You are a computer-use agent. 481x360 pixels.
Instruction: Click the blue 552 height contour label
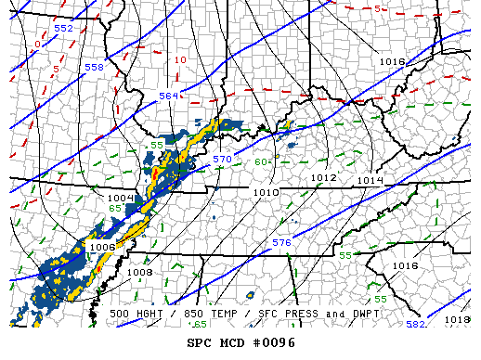tap(63, 29)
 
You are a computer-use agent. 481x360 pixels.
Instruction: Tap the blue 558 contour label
tap(95, 68)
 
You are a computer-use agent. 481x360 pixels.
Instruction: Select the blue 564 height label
tap(168, 96)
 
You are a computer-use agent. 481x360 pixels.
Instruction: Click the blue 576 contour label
tap(282, 242)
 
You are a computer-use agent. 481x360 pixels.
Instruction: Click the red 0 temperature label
tap(37, 44)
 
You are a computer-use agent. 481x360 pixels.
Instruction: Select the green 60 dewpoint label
tap(262, 162)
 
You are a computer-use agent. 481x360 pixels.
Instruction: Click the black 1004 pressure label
tap(121, 199)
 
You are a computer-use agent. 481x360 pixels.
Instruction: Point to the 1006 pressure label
tap(102, 248)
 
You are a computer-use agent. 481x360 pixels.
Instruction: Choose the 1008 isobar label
tap(139, 272)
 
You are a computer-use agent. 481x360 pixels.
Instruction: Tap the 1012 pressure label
tap(323, 177)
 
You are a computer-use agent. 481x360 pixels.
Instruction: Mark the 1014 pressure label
tap(370, 179)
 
